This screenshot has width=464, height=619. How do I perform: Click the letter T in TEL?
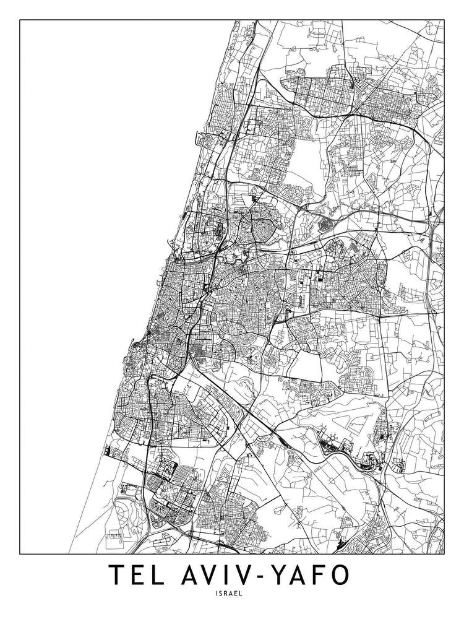click(118, 575)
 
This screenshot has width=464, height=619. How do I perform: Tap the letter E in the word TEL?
click(140, 575)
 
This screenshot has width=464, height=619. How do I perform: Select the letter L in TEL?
click(161, 575)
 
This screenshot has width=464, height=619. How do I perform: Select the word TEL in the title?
click(140, 575)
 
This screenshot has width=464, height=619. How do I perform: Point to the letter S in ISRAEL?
click(225, 593)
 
